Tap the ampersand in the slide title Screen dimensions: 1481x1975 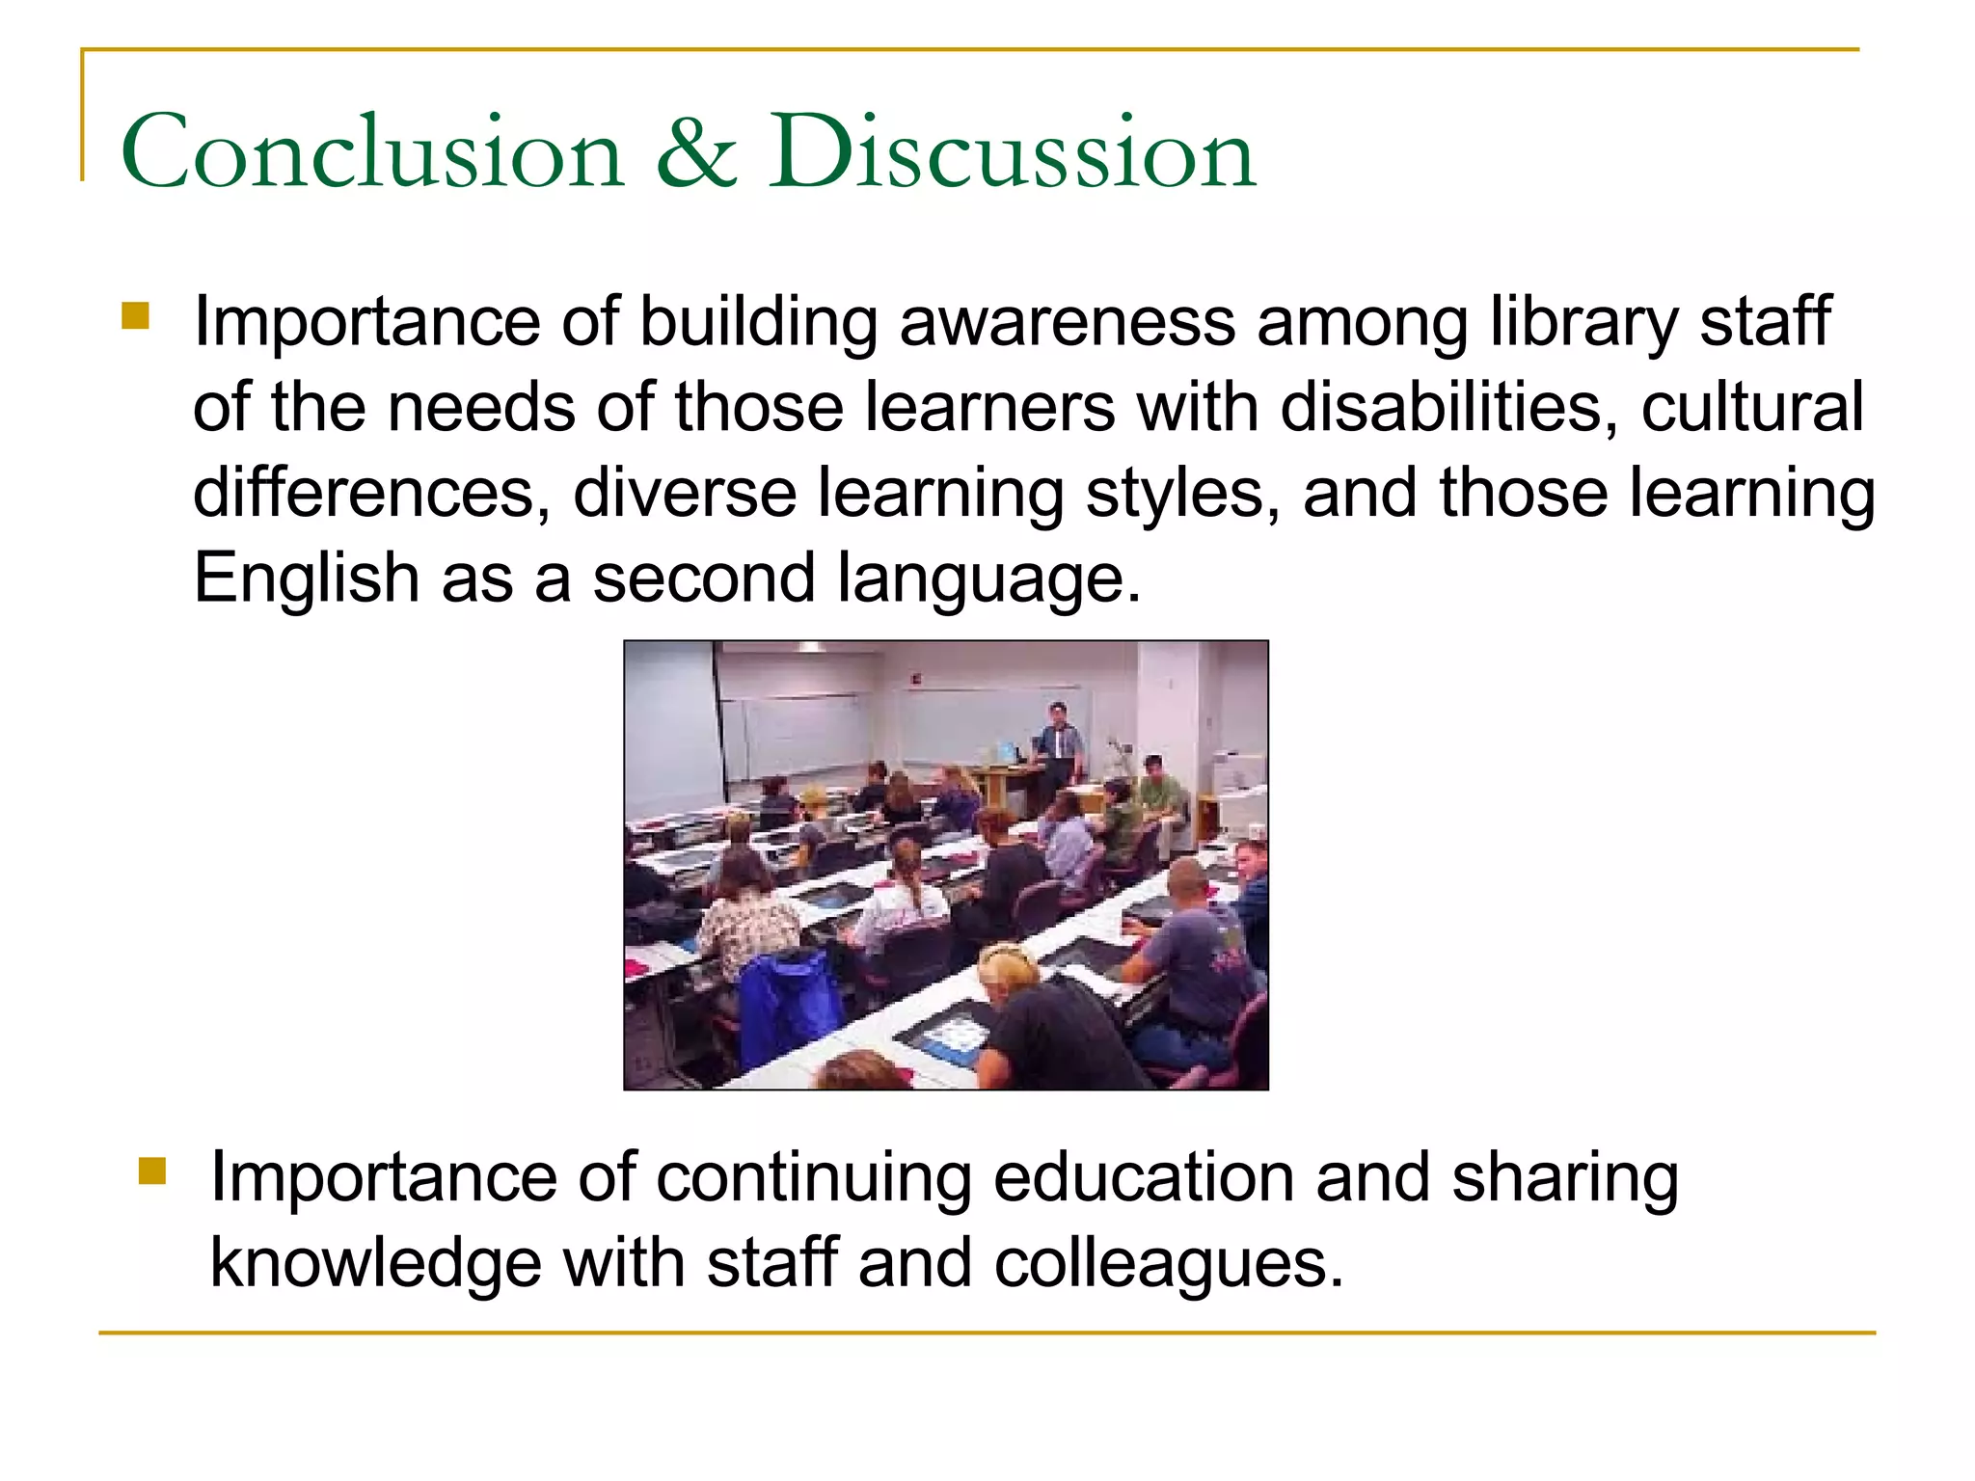pos(696,152)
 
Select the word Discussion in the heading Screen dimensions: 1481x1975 pos(1012,152)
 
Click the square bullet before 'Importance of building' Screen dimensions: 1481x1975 pos(136,316)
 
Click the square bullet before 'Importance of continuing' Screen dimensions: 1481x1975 pos(152,1171)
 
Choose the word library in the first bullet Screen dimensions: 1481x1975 pos(1583,323)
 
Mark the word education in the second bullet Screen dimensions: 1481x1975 pos(1144,1178)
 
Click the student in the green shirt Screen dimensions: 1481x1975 pos(1160,791)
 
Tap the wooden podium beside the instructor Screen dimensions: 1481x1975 pos(1003,786)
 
